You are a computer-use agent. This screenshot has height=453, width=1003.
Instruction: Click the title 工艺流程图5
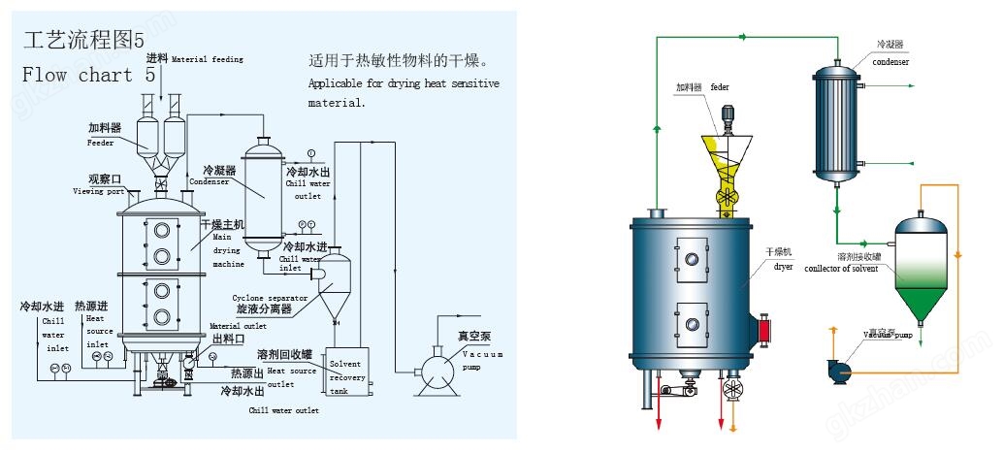(82, 40)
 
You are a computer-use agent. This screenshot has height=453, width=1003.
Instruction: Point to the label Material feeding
(207, 59)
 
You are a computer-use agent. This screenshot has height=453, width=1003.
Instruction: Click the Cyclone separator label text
(263, 297)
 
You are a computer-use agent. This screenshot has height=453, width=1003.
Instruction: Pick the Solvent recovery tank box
(346, 371)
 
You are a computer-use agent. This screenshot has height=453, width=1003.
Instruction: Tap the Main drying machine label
(229, 249)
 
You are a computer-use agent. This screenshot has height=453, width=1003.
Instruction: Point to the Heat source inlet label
(97, 331)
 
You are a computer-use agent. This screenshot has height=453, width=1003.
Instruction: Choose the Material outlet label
(238, 326)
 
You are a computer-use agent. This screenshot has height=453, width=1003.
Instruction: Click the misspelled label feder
(719, 87)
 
